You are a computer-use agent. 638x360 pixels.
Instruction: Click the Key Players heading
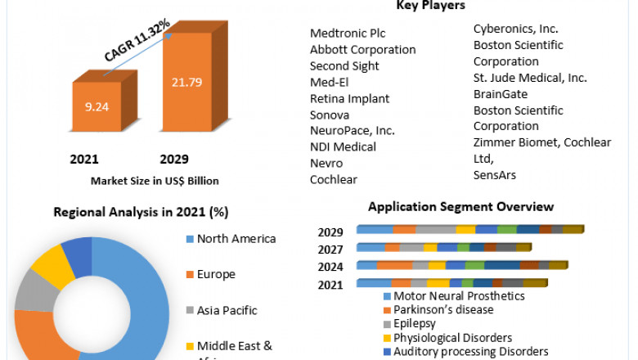click(x=430, y=6)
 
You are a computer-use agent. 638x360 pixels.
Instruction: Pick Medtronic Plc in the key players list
click(x=347, y=33)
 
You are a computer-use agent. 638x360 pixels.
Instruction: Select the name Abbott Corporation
click(x=362, y=49)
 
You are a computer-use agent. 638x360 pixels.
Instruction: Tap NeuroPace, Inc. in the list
click(x=352, y=131)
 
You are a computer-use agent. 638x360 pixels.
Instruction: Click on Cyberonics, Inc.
click(x=514, y=29)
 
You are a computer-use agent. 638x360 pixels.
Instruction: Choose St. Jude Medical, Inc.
click(x=530, y=78)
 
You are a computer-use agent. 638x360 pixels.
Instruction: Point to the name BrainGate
click(x=501, y=94)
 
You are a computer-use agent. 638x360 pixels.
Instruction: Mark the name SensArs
click(x=495, y=175)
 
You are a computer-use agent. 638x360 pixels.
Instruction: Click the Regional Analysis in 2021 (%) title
click(x=141, y=212)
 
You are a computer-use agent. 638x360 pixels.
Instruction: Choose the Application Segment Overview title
click(x=461, y=207)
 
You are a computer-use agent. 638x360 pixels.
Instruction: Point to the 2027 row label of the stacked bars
click(x=330, y=249)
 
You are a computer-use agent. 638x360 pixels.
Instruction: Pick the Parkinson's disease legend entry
click(x=443, y=309)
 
